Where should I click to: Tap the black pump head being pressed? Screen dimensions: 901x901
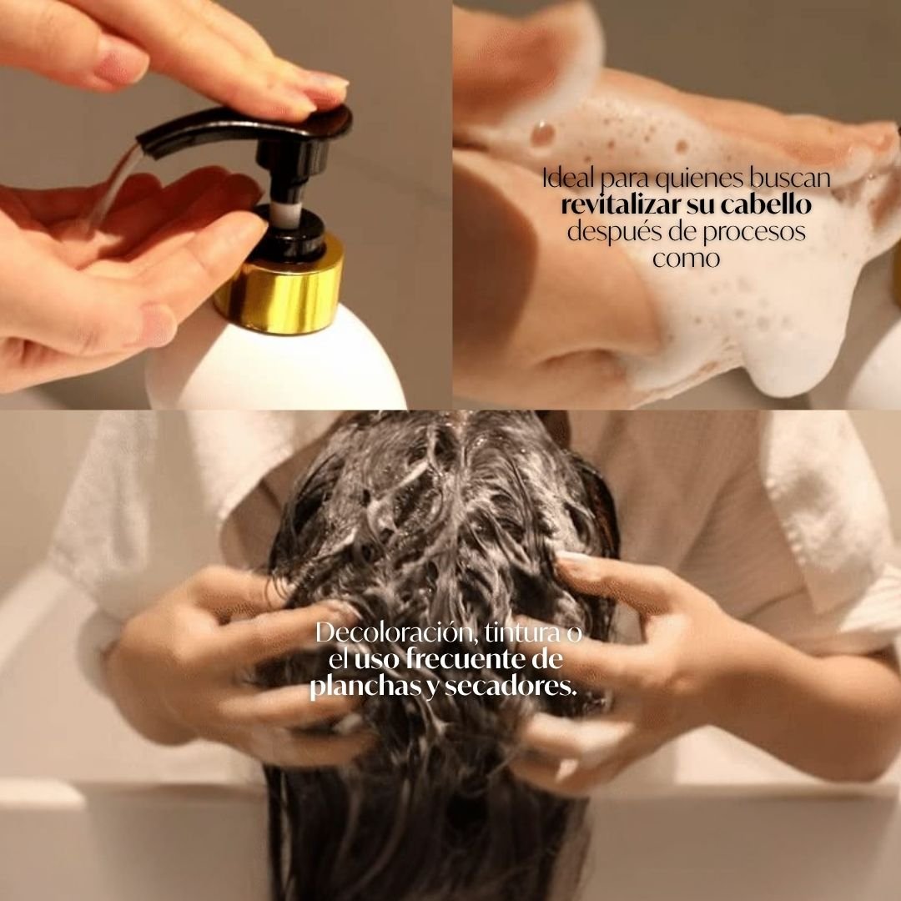click(x=250, y=125)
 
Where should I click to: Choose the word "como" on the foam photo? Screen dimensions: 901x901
click(x=686, y=258)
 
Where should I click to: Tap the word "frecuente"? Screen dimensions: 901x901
click(x=461, y=661)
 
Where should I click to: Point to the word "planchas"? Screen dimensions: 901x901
click(x=355, y=688)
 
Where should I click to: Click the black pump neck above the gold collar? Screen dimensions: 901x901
click(x=288, y=234)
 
